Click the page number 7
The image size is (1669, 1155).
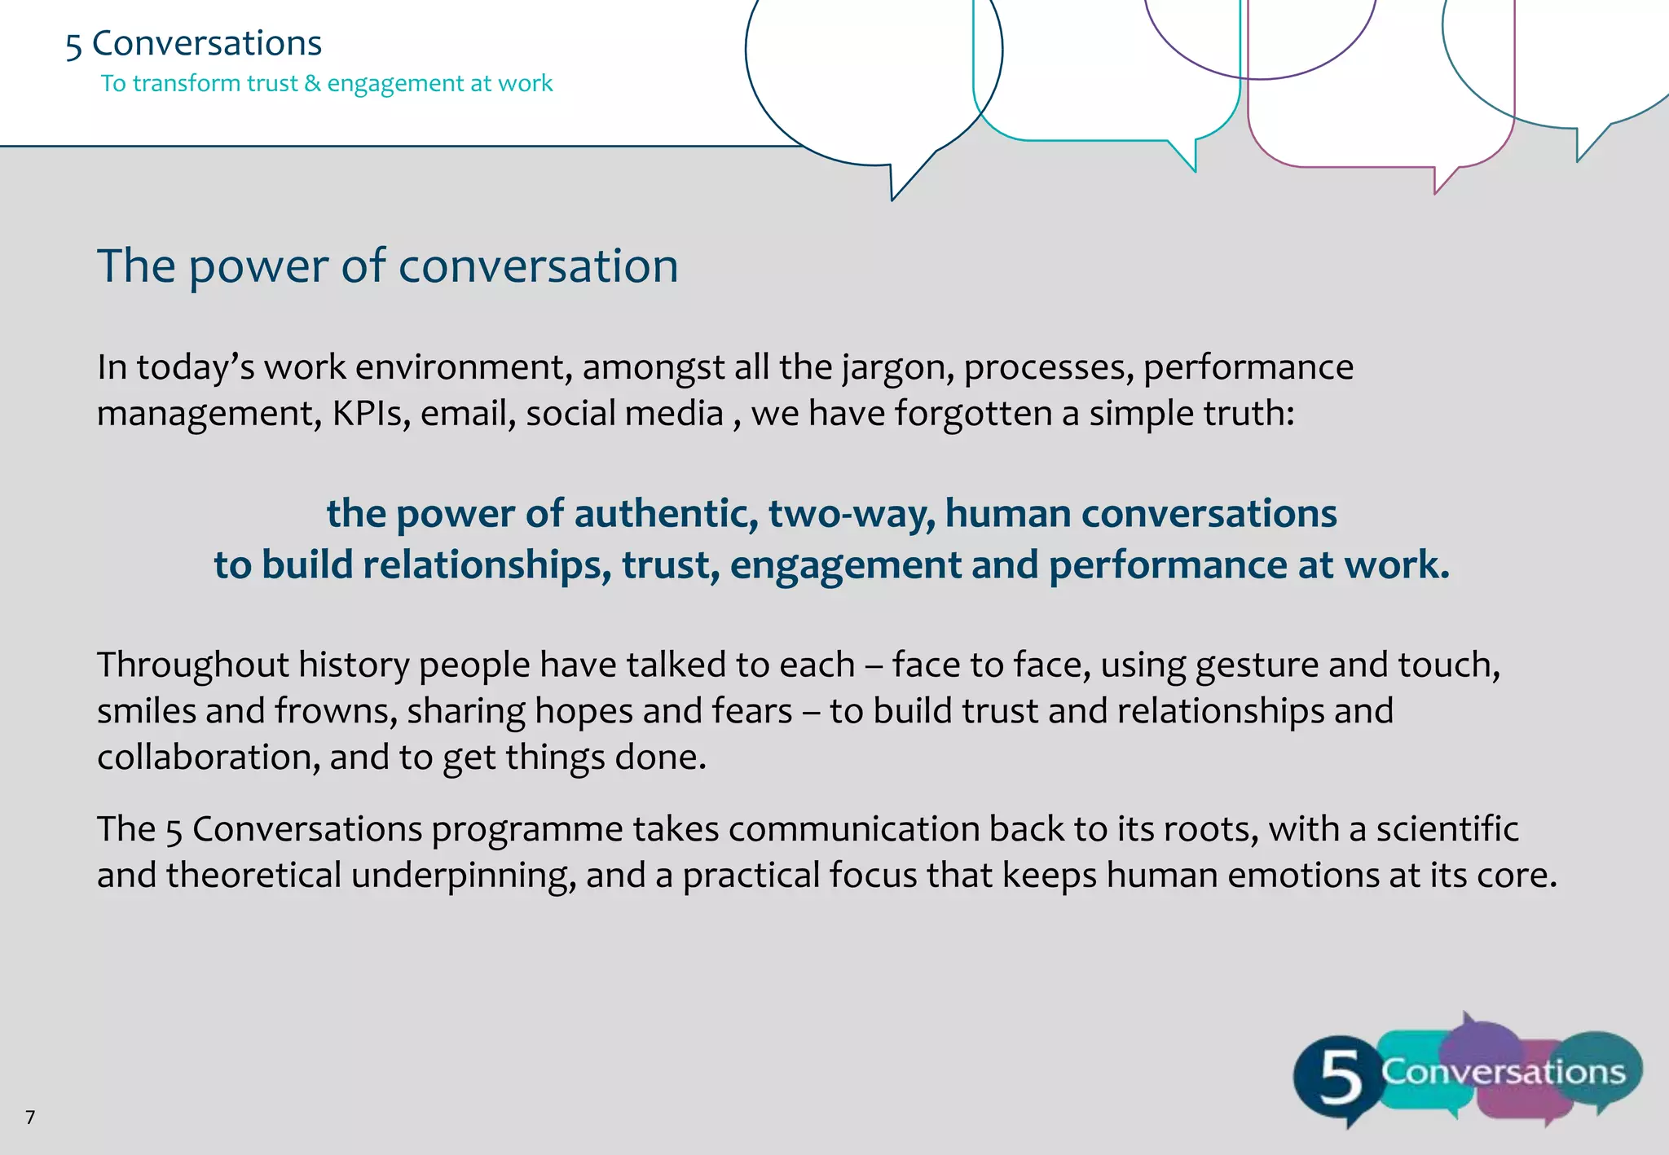[x=30, y=1117]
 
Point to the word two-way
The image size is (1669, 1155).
[x=851, y=514]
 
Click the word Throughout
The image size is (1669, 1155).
[x=192, y=665]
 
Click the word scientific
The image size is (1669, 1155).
[x=1447, y=829]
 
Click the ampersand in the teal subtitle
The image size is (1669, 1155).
[x=312, y=83]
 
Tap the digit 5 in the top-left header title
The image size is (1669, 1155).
[x=73, y=46]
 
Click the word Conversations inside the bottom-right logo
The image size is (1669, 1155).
[x=1504, y=1071]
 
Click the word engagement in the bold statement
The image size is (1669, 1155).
[x=845, y=565]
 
